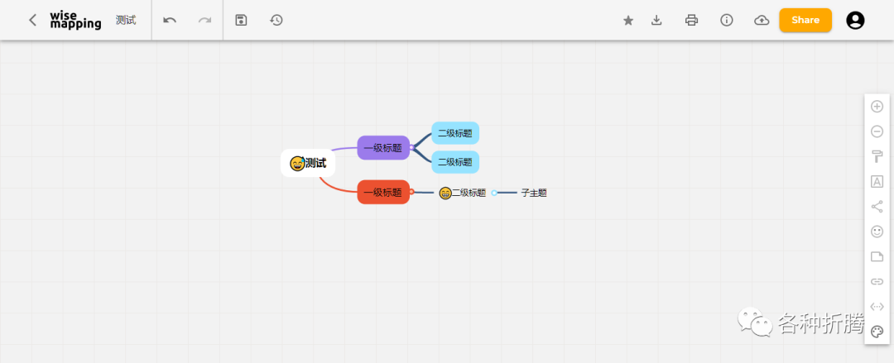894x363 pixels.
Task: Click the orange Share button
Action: (805, 20)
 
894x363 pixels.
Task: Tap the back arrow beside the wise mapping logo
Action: (32, 20)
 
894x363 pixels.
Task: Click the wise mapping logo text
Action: (74, 20)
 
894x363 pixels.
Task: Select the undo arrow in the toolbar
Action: (170, 20)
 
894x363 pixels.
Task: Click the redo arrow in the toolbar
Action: (204, 20)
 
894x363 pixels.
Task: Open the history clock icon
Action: (276, 20)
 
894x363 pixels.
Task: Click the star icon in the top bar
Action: (628, 21)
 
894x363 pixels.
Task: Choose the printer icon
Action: (692, 20)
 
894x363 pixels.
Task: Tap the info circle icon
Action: (727, 20)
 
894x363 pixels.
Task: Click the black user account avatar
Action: (855, 20)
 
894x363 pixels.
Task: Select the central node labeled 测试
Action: (309, 163)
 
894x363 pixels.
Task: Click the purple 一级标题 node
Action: (383, 148)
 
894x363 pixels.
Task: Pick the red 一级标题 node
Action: (383, 192)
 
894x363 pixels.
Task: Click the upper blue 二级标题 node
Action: (455, 133)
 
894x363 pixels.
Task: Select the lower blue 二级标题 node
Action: (455, 162)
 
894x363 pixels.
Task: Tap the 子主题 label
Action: (534, 193)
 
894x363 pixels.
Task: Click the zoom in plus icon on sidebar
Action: (877, 106)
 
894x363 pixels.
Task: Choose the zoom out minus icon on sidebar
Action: (877, 131)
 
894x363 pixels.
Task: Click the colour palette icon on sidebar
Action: (877, 332)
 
